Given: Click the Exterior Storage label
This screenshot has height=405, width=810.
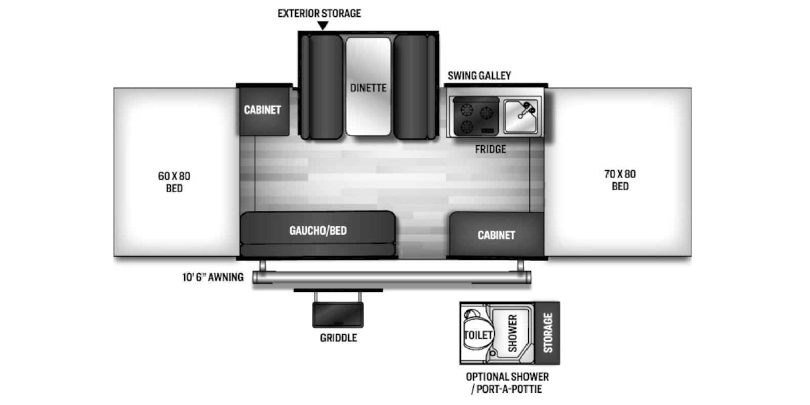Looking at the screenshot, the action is (x=319, y=13).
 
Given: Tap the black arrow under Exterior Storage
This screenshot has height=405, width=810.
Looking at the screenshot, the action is (x=323, y=25).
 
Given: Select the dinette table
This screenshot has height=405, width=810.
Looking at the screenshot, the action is (x=369, y=87).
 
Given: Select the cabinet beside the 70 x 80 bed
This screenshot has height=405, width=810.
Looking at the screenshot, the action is (x=497, y=234).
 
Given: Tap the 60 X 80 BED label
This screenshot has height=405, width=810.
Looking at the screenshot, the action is (x=174, y=182).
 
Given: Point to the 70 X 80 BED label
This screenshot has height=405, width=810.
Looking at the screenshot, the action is (x=620, y=180).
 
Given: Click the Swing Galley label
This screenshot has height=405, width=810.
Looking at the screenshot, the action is (x=479, y=76).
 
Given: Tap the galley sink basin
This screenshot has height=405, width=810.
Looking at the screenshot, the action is (x=521, y=116).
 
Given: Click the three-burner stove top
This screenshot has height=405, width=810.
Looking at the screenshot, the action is (x=476, y=116).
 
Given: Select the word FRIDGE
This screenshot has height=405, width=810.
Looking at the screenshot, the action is (x=491, y=149).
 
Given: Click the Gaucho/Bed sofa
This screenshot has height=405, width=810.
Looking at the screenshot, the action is (x=318, y=234).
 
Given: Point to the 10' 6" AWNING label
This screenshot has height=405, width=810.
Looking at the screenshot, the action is (x=213, y=277).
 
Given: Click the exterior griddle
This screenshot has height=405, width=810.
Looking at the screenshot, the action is (x=338, y=315).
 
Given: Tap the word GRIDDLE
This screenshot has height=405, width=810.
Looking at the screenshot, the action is (x=339, y=338).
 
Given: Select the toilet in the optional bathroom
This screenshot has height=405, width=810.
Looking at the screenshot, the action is (x=477, y=330).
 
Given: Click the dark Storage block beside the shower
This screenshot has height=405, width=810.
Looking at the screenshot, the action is (x=547, y=333).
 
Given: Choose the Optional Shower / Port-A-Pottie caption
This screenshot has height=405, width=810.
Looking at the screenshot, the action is (x=507, y=383).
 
